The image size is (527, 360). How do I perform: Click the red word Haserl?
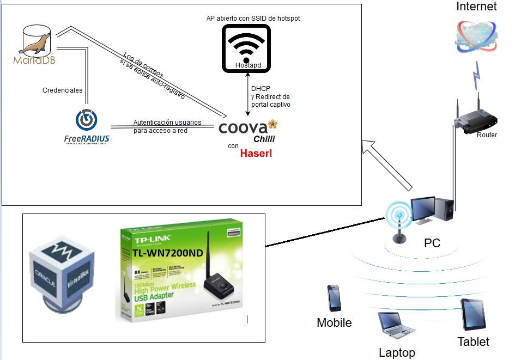[x=256, y=154]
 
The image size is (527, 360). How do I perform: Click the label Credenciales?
[x=62, y=90]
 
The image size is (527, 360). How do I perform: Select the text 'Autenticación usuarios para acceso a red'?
[x=167, y=126]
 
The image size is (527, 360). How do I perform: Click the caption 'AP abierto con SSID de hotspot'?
[x=253, y=18]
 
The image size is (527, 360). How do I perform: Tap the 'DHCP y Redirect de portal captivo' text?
[x=270, y=96]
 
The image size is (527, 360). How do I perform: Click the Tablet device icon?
[x=473, y=314]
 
